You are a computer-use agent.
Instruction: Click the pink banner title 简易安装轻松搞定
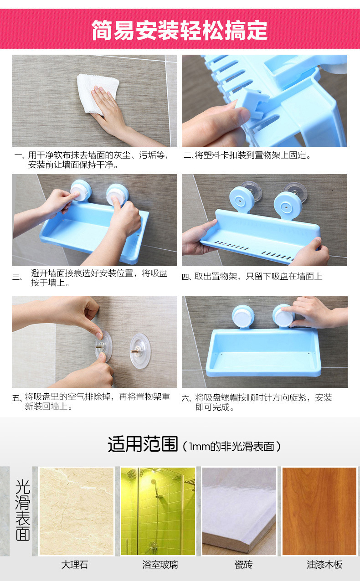(180, 30)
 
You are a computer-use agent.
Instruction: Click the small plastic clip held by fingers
(253, 103)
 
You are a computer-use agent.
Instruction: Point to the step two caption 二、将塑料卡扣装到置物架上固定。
(247, 155)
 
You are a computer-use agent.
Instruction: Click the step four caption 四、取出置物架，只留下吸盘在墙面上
(252, 277)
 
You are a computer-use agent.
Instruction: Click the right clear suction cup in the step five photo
(140, 351)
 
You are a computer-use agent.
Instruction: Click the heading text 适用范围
(143, 444)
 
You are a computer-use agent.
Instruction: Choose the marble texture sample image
(77, 511)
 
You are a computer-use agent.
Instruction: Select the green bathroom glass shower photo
(158, 511)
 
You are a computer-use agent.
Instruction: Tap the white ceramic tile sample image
(239, 511)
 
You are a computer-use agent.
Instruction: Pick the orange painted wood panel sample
(319, 511)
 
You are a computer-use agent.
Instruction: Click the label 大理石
(75, 565)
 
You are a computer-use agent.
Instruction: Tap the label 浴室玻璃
(160, 565)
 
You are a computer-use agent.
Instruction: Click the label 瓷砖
(243, 565)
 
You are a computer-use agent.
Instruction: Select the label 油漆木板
(324, 565)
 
